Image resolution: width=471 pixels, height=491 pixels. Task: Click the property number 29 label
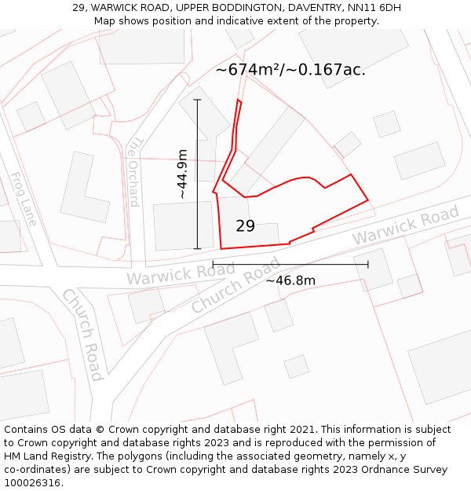[245, 226]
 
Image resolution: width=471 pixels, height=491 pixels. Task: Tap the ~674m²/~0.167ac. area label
[290, 70]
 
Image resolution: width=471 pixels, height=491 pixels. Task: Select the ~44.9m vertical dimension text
[182, 174]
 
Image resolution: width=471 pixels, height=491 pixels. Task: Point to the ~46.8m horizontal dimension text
[290, 280]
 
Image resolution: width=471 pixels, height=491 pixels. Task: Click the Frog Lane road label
[23, 199]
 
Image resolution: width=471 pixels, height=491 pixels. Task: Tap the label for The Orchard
[133, 171]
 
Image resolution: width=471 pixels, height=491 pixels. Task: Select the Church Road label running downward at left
[82, 334]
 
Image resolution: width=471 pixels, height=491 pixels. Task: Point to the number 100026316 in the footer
[32, 482]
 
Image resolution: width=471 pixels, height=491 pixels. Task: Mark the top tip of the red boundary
[239, 101]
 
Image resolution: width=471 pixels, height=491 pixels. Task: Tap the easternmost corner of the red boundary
[368, 201]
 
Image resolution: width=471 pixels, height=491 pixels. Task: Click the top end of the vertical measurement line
[197, 100]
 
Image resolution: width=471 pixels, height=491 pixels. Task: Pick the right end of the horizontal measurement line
[368, 264]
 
